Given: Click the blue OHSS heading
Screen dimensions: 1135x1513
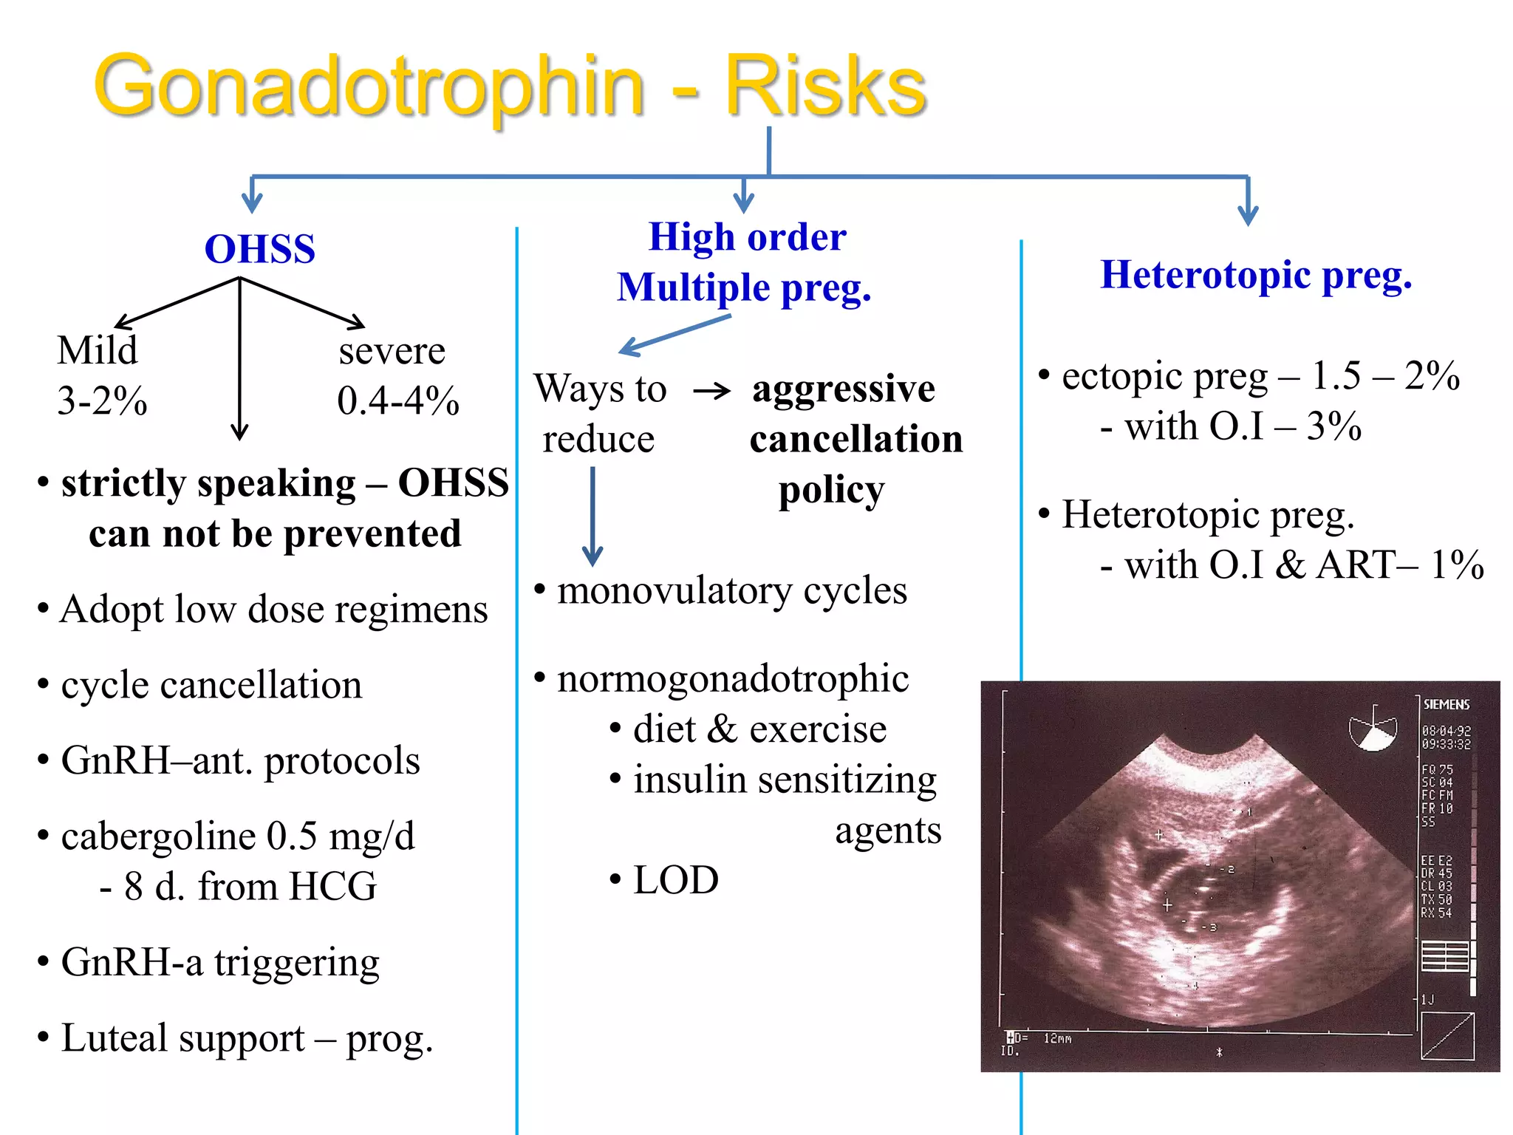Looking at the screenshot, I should pos(259,249).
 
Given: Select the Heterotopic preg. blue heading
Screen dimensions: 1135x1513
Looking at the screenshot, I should pos(1255,275).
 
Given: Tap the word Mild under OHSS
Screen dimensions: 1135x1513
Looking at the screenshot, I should pos(97,350).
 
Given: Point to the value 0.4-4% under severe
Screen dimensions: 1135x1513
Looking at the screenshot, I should pos(397,401).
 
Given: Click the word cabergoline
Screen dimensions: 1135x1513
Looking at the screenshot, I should pos(158,836).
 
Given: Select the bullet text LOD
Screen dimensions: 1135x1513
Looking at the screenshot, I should pos(675,880).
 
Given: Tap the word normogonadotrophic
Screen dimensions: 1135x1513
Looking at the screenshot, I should pos(732,678).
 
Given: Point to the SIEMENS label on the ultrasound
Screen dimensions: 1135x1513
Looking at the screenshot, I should pos(1446,704).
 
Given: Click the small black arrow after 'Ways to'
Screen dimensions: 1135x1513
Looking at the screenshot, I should pos(711,391).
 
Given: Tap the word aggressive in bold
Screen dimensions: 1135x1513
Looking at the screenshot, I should pos(843,389).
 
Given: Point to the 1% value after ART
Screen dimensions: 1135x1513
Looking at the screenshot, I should pos(1456,565).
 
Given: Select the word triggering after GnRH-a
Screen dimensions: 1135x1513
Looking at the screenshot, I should pos(296,963).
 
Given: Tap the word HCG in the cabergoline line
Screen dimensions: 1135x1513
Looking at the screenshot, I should pos(332,887).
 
